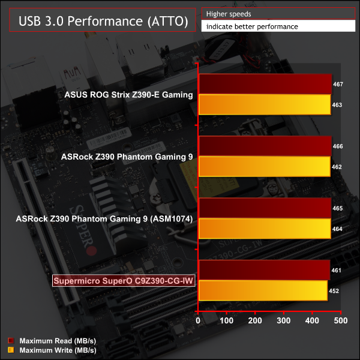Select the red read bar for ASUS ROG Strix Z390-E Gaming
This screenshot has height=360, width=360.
[265, 85]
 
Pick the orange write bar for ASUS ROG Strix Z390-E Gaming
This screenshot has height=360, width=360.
[264, 105]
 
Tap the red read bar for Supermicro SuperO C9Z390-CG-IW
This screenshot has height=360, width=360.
[264, 271]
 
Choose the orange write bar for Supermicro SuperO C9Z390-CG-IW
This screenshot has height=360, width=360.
[262, 291]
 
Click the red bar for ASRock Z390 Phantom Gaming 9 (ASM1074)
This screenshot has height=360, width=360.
[265, 208]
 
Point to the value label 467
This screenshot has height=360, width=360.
[337, 85]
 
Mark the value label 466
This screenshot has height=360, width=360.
[337, 146]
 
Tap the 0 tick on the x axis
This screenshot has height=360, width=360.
[199, 322]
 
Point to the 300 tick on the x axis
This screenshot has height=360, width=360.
[284, 322]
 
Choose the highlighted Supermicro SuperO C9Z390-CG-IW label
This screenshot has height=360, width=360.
[125, 281]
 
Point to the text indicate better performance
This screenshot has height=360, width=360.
[251, 26]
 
